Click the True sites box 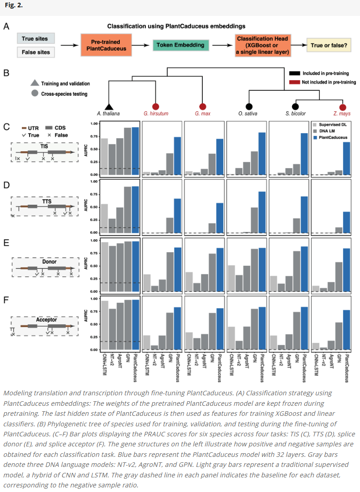coord(35,39)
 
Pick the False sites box coord(35,52)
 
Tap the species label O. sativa coord(249,114)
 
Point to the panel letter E coord(6,243)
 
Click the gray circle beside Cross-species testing coord(35,94)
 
